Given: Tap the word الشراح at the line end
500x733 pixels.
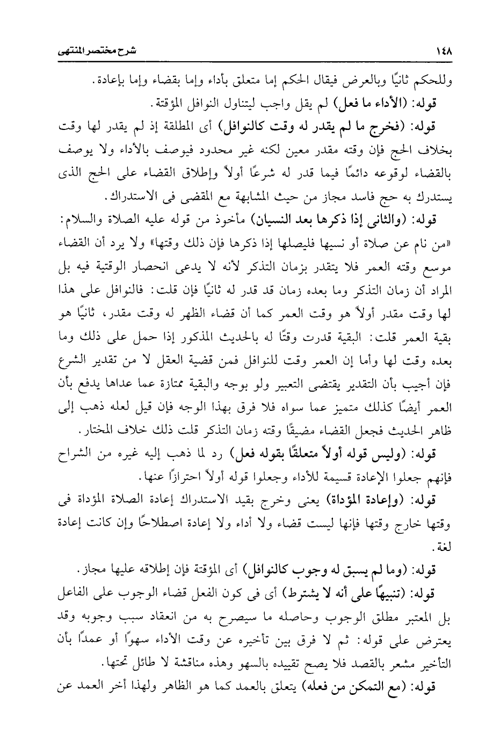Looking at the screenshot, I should [x=73, y=454].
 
